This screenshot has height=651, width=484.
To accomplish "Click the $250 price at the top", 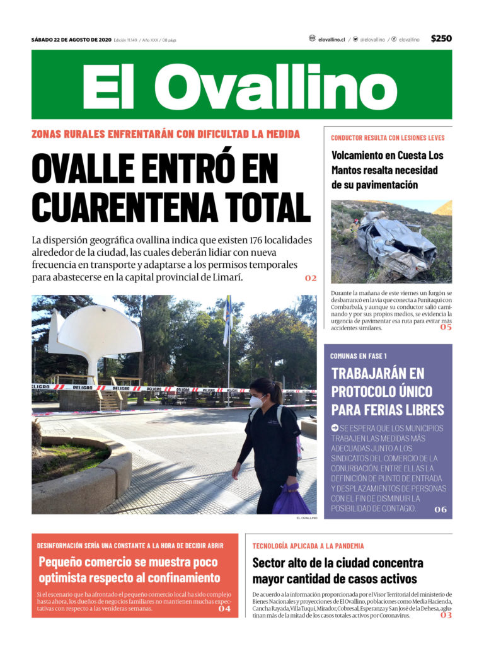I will click(441, 38).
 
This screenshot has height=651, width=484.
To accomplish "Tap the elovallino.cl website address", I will click(331, 39).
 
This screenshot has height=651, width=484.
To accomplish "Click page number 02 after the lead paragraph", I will click(311, 278).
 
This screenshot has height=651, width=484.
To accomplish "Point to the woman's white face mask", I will click(256, 401).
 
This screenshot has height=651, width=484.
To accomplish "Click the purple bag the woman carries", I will click(291, 500).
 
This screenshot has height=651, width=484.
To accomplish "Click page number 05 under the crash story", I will click(446, 326).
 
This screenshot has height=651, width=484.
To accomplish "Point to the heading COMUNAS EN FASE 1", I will click(359, 356).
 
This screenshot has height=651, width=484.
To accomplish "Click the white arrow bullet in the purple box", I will click(335, 428).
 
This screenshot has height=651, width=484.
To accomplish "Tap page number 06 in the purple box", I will click(440, 509).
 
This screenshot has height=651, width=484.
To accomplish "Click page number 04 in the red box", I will click(225, 609).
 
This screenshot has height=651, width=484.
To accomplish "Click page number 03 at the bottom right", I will click(446, 615).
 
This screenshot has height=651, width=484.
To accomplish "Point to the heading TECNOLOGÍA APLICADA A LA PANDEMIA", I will click(308, 546).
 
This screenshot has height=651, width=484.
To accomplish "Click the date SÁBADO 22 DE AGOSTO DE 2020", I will click(71, 40).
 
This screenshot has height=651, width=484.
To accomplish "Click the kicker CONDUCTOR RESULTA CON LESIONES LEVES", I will click(388, 137).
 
